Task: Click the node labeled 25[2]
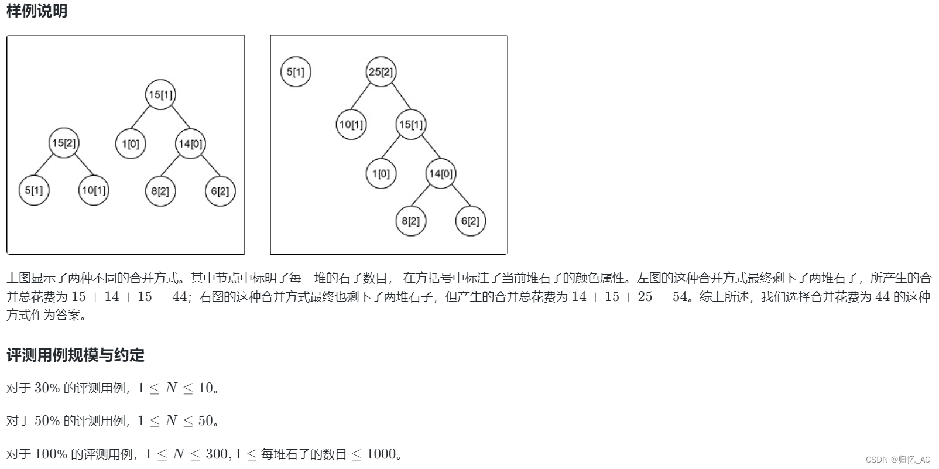click(x=381, y=72)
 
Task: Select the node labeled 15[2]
click(x=64, y=143)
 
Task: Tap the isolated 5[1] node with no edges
click(x=296, y=72)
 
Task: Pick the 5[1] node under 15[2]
click(x=34, y=190)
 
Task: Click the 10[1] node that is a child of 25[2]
click(x=352, y=124)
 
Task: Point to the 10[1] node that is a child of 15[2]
click(x=94, y=190)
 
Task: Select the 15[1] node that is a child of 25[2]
click(x=411, y=124)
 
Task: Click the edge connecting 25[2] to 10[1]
click(x=366, y=98)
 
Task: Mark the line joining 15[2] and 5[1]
click(x=49, y=166)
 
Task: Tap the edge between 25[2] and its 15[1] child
click(x=396, y=98)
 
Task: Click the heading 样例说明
click(x=37, y=11)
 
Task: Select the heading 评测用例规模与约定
click(x=76, y=355)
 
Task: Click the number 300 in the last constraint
click(x=217, y=454)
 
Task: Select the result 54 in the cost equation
click(x=680, y=296)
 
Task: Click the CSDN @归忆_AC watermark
click(x=898, y=459)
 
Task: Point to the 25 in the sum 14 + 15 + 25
click(x=645, y=296)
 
